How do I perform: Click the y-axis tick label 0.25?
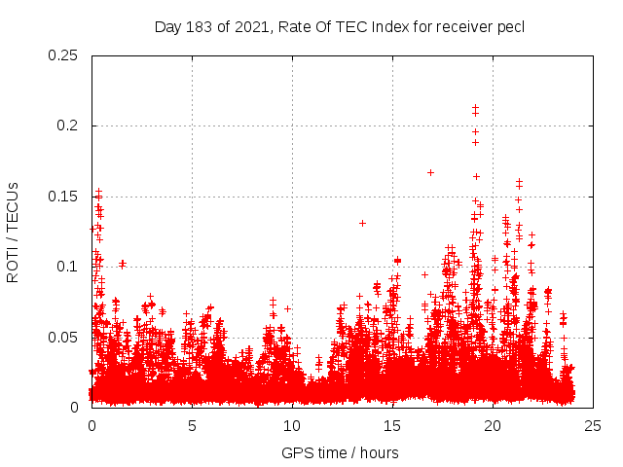click(x=63, y=55)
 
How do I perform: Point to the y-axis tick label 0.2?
click(x=67, y=126)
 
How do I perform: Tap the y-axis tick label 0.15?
click(x=63, y=197)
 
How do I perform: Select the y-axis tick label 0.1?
click(x=67, y=267)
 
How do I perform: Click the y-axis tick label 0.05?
click(x=63, y=338)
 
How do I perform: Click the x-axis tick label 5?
click(x=192, y=425)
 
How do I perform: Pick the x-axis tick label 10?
click(x=292, y=425)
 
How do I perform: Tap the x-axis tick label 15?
click(x=392, y=425)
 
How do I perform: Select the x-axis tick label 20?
click(x=493, y=425)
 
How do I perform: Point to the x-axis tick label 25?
click(x=593, y=425)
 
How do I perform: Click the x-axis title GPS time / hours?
click(x=340, y=452)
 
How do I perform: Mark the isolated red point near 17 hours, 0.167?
click(x=430, y=172)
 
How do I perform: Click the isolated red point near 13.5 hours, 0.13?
click(x=362, y=223)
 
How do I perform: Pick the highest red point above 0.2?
click(x=475, y=108)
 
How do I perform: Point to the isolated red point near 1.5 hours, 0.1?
click(x=123, y=264)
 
